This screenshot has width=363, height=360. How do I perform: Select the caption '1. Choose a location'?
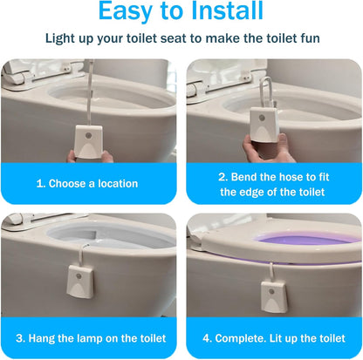tap(87, 183)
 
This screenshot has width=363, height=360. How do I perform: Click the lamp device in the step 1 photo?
tap(89, 139)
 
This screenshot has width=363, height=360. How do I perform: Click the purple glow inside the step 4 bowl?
tap(297, 238)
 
